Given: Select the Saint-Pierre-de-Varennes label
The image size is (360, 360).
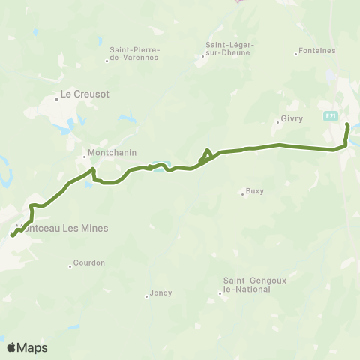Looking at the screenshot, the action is [134, 54].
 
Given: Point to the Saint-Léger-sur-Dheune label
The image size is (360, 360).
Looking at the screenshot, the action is [230, 49].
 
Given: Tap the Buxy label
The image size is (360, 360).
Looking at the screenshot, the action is [255, 191].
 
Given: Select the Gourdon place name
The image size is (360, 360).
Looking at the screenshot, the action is [89, 262].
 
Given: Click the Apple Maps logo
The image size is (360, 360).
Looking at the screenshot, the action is [27, 347].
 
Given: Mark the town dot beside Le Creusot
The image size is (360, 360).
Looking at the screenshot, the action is [56, 97].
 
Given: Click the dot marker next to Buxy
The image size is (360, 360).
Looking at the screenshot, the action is [242, 195].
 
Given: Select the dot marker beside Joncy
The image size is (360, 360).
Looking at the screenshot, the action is [146, 296].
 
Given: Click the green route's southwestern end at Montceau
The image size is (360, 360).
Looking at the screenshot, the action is [11, 237].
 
